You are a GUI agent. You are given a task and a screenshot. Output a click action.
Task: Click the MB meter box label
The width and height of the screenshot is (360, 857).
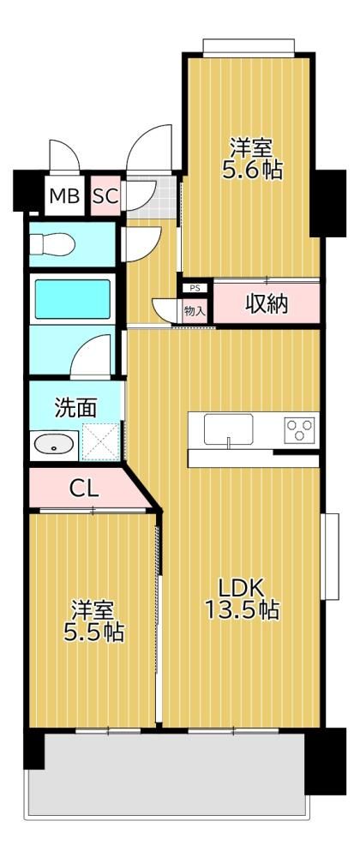[x=64, y=195]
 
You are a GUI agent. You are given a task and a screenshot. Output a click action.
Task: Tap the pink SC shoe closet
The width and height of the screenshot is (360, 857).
[x=105, y=195]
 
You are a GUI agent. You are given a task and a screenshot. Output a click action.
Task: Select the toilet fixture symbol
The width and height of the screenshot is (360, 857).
[x=51, y=243]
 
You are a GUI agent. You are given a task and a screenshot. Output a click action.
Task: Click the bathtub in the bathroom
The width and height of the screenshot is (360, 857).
[x=73, y=298]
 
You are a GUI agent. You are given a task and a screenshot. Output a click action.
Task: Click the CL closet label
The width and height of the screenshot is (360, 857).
[x=84, y=488]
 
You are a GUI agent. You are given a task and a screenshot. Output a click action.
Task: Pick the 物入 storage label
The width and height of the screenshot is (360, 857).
[x=195, y=312]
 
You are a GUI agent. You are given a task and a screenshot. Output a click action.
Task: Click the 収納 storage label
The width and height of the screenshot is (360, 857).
[x=266, y=304]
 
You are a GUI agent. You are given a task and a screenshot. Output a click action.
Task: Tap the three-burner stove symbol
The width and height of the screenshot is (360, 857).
[x=299, y=428]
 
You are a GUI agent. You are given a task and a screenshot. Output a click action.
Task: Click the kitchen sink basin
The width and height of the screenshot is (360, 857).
[x=228, y=429]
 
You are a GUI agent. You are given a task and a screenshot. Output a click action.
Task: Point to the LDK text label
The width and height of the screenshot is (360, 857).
[x=242, y=589]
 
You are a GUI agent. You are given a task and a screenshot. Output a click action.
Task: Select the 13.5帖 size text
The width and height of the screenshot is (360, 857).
[x=242, y=609]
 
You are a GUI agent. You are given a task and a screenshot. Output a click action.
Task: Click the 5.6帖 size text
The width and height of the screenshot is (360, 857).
[x=252, y=170]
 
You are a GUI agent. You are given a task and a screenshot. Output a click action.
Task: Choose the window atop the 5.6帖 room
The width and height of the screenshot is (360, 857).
[x=249, y=46]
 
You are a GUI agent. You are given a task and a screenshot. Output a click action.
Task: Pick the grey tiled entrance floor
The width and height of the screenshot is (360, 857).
[x=150, y=197]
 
